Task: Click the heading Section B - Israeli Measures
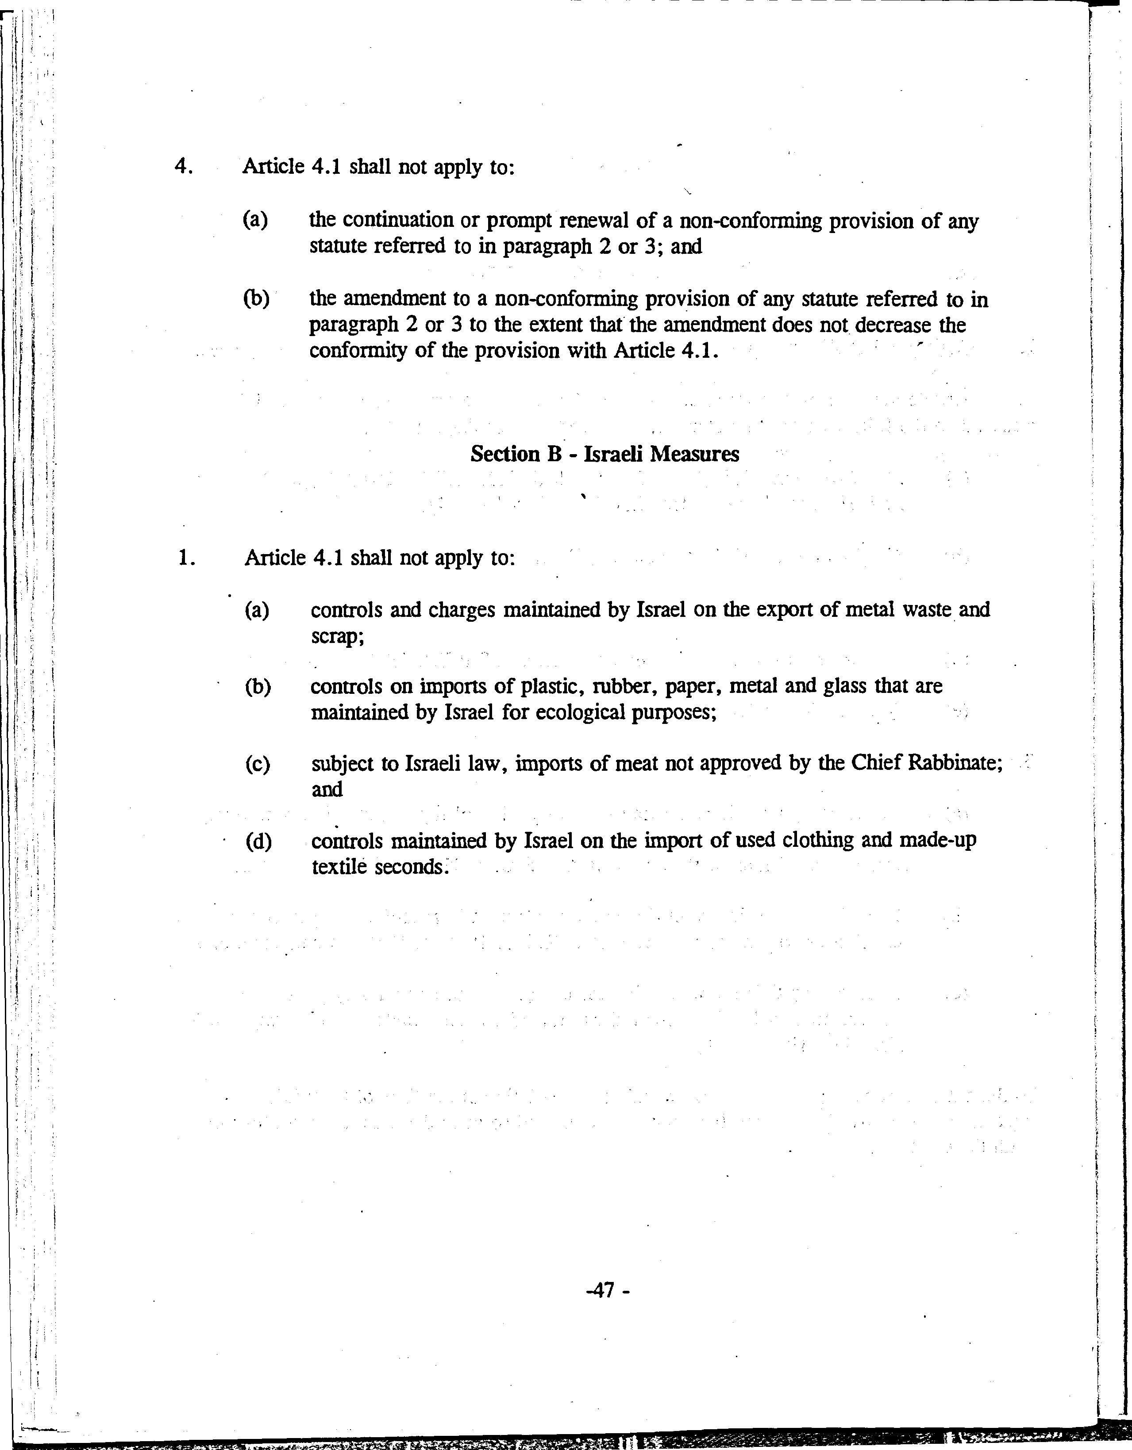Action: tap(605, 454)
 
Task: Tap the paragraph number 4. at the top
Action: tap(183, 166)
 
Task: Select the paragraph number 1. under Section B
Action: tap(186, 558)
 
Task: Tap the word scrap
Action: tap(337, 636)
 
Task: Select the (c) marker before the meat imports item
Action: tap(257, 764)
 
